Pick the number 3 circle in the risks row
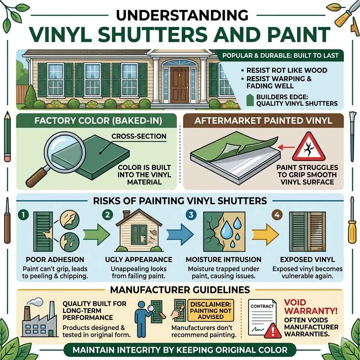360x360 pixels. coord(190,214)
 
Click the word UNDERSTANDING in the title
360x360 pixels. coord(180,16)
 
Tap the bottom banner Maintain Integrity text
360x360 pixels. coord(180,350)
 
